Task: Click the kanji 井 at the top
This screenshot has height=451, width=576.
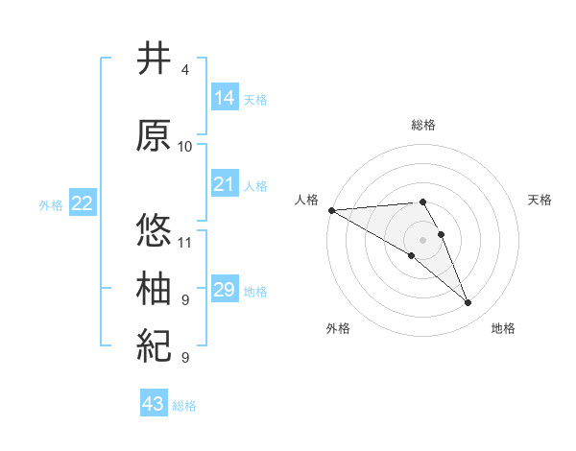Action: point(154,59)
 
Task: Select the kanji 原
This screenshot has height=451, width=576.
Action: point(154,135)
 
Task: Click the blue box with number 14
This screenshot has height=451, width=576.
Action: point(225,97)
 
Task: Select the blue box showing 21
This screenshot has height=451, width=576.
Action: point(225,183)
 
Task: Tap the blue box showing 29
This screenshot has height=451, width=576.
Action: point(225,289)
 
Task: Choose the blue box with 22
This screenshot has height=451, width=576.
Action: point(83,202)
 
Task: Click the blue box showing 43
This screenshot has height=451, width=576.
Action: point(154,404)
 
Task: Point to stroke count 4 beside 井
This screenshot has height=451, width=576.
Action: point(185,70)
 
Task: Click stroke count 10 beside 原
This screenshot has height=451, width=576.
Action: point(185,147)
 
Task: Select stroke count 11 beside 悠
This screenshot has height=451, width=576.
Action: point(185,243)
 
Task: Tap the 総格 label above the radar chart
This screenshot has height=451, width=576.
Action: point(423,125)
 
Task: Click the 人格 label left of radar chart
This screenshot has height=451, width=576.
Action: point(307,199)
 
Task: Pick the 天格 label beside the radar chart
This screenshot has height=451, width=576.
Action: point(540,199)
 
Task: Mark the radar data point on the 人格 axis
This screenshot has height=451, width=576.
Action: point(331,210)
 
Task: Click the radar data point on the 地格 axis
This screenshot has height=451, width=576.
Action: point(468,303)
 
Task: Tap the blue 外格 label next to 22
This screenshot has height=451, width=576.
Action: point(50,204)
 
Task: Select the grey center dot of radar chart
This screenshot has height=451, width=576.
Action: point(423,239)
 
